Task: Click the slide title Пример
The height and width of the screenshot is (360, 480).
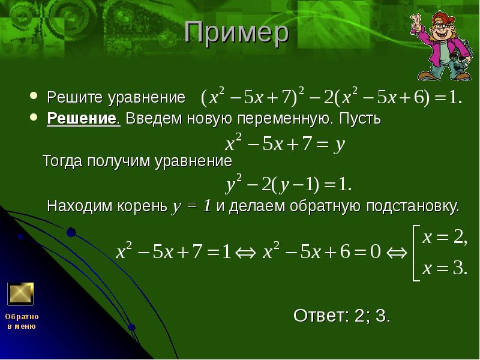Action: [x=236, y=34]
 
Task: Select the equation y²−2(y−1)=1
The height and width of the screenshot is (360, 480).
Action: [x=289, y=184]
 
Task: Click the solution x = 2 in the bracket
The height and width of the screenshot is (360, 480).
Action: [x=444, y=238]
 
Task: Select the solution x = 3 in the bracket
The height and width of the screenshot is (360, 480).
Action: [x=444, y=269]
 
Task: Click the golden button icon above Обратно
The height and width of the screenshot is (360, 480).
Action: [x=20, y=293]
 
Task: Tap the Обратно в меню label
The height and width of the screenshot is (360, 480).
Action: [x=22, y=321]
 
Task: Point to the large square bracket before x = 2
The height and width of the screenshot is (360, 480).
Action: [x=413, y=253]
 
